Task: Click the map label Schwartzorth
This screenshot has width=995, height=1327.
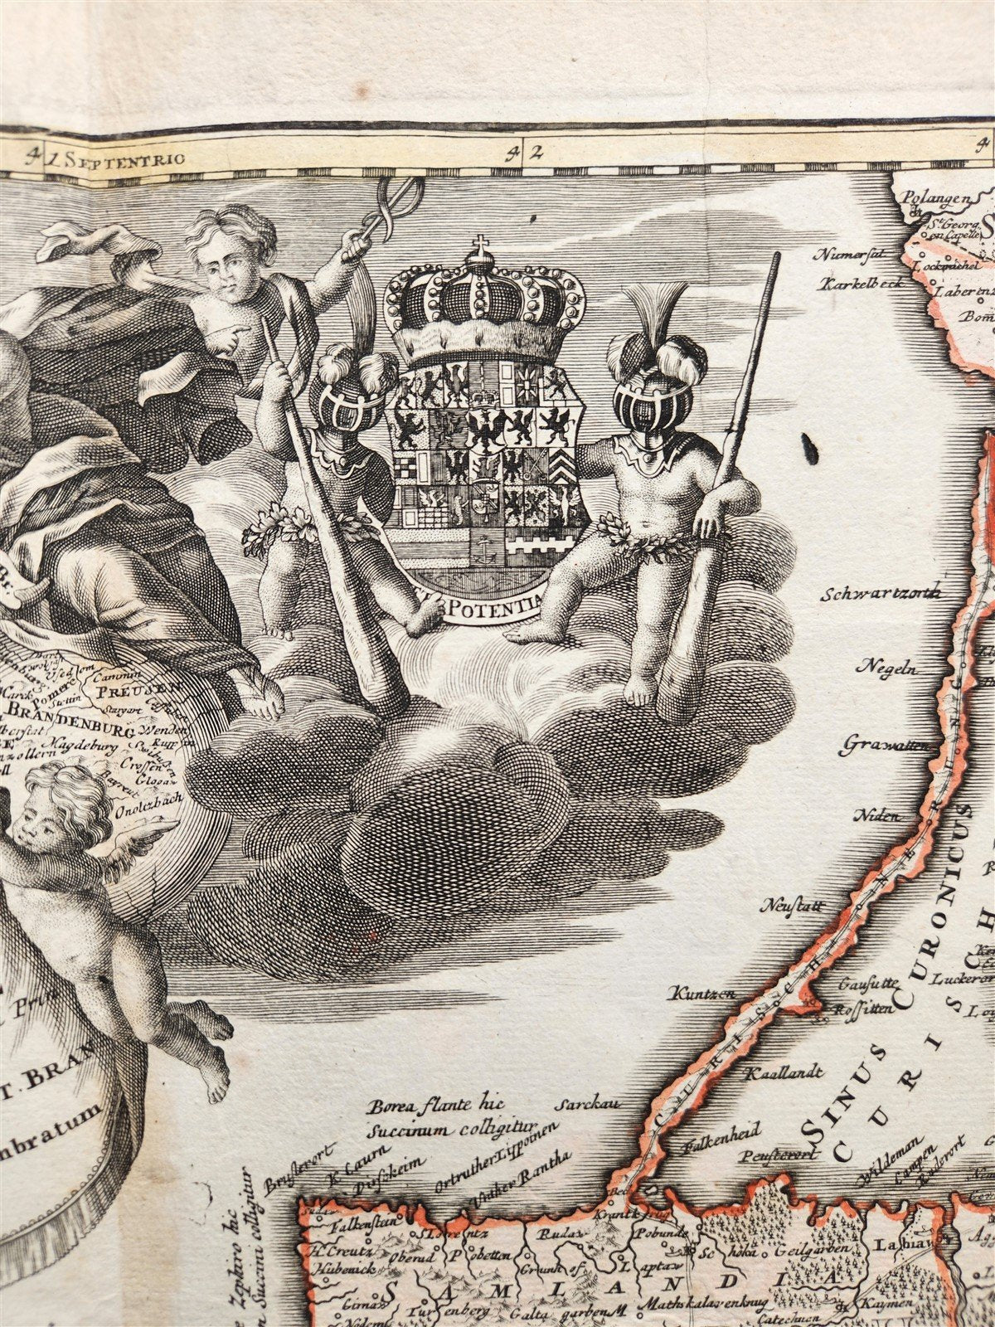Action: pyautogui.click(x=880, y=593)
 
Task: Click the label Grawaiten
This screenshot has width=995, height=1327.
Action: pyautogui.click(x=886, y=746)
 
